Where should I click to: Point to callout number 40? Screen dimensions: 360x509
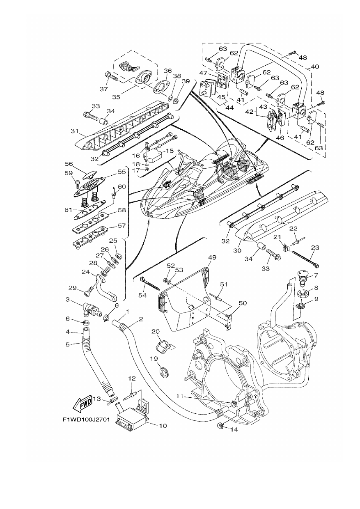point(315,66)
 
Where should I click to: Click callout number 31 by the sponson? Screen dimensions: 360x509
point(75,131)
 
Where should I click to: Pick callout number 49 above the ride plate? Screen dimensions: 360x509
point(212,257)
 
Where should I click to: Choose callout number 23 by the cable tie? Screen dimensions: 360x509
point(315,247)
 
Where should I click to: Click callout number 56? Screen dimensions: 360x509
point(69,164)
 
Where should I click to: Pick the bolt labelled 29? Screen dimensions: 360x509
point(89,291)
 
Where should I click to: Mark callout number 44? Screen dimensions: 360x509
point(229,108)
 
